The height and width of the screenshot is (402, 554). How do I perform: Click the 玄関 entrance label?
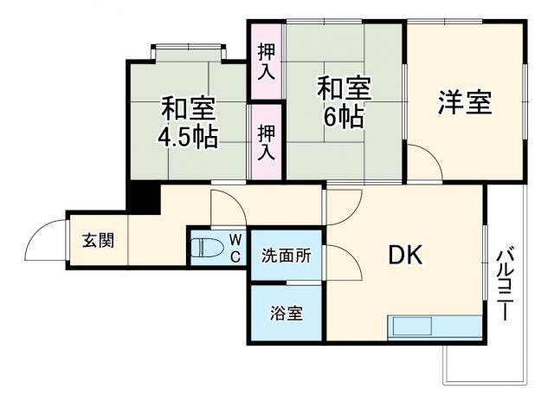[98, 241]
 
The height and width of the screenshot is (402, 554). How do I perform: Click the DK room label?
[403, 254]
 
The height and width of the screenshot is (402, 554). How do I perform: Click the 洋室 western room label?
[464, 103]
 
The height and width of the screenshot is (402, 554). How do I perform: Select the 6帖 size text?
[343, 116]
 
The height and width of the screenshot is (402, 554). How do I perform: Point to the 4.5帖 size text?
[187, 137]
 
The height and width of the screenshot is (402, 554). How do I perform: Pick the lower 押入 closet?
[266, 141]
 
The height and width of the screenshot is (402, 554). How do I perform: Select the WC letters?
[235, 246]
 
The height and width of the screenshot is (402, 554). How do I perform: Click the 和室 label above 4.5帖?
[187, 110]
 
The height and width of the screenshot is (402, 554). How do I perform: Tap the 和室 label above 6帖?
[343, 89]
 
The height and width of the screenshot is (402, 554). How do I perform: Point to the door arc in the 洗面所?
[338, 256]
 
